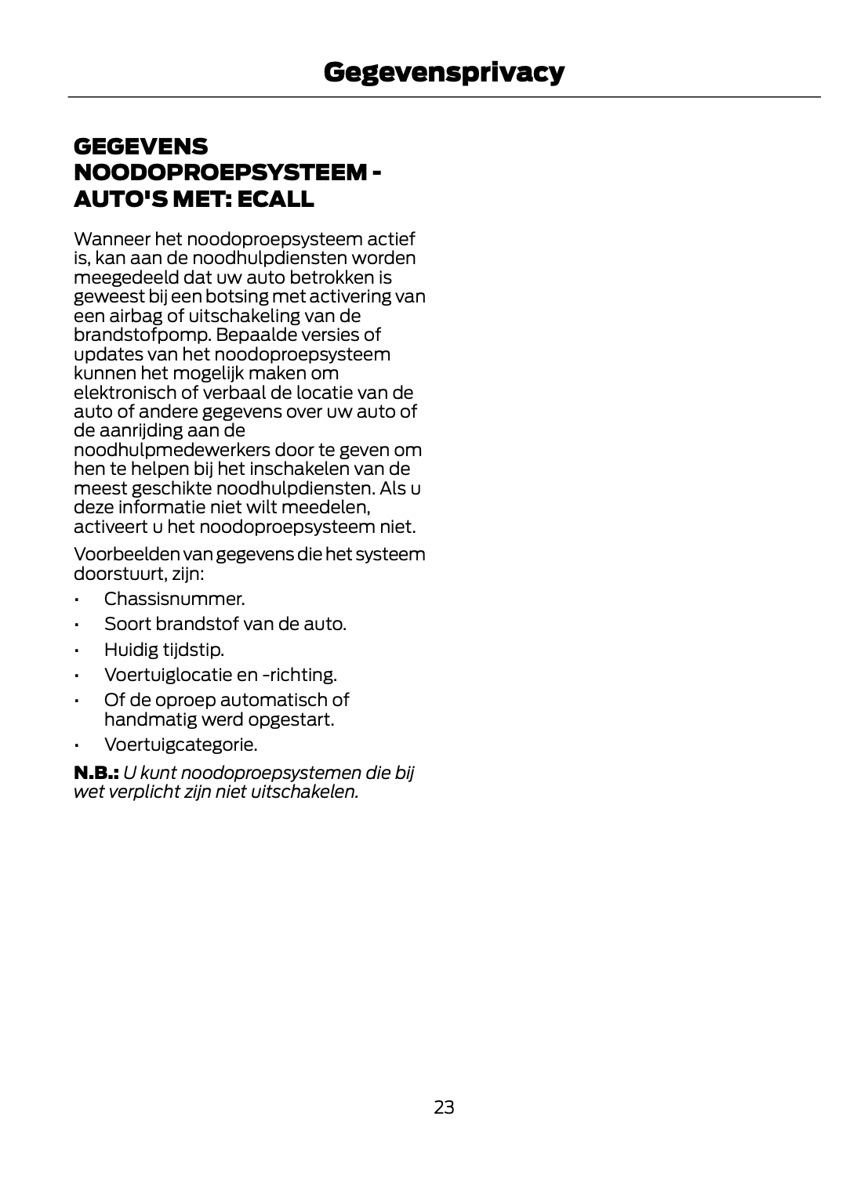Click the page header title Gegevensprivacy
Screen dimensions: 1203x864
(443, 72)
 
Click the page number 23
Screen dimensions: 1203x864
(443, 1107)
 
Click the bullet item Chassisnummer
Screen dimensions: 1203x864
(174, 600)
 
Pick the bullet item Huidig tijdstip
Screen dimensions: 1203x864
(164, 650)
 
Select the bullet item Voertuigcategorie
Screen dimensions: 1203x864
(180, 745)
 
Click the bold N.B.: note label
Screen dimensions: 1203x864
(96, 773)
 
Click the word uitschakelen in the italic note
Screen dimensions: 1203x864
(304, 792)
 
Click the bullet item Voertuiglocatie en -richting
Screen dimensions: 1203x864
(220, 675)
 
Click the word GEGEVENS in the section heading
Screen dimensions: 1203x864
(141, 147)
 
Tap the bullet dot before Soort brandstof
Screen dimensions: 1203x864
(77, 625)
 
